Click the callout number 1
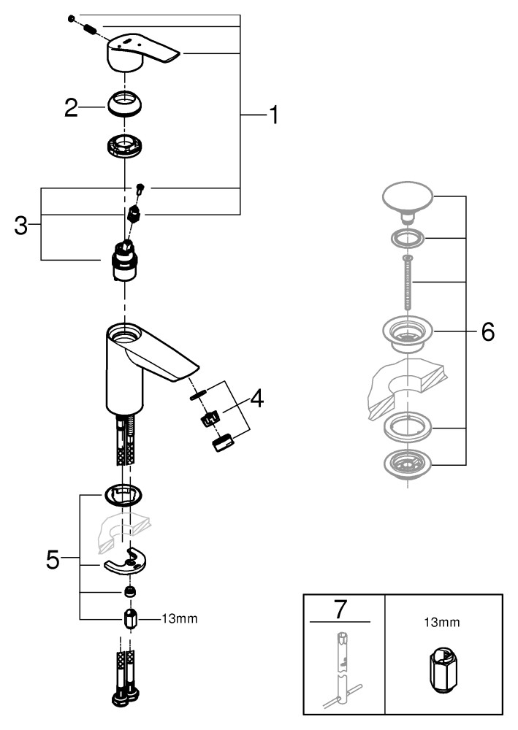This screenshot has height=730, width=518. click(x=272, y=115)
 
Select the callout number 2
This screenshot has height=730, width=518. click(x=71, y=109)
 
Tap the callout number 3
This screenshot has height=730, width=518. click(x=21, y=225)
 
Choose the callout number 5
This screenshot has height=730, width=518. click(x=53, y=559)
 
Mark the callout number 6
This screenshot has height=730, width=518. click(x=487, y=331)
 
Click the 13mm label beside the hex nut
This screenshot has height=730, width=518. click(x=179, y=618)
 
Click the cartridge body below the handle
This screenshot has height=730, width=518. click(x=125, y=264)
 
